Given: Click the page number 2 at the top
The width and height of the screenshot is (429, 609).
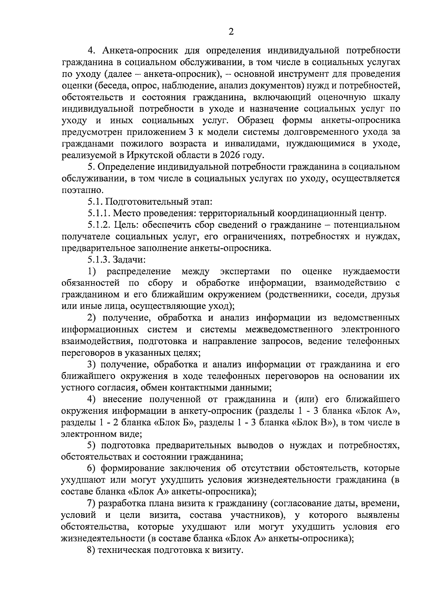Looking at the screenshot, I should [231, 32].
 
